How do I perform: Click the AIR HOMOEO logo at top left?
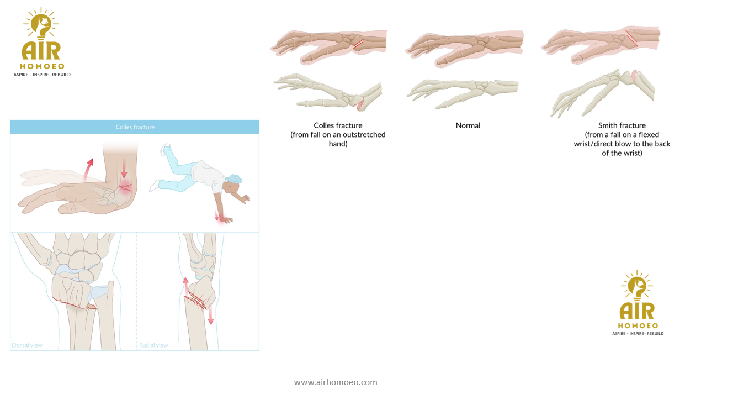pyautogui.click(x=42, y=42)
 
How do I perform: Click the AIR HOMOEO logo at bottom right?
pyautogui.click(x=638, y=303)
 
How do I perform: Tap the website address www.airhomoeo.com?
pyautogui.click(x=336, y=382)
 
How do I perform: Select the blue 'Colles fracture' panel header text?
pyautogui.click(x=135, y=127)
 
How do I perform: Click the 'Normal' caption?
pyautogui.click(x=468, y=125)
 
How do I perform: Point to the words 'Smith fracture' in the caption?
pyautogui.click(x=622, y=125)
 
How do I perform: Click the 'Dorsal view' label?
pyautogui.click(x=27, y=345)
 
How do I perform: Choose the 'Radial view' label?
pyautogui.click(x=153, y=345)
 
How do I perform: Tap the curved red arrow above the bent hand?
pyautogui.click(x=87, y=169)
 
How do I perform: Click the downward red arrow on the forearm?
pyautogui.click(x=124, y=169)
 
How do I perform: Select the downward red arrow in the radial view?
pyautogui.click(x=211, y=315)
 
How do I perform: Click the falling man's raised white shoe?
pyautogui.click(x=166, y=149)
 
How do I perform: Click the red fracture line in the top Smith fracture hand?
pyautogui.click(x=631, y=38)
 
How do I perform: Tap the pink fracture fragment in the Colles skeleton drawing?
pyautogui.click(x=360, y=106)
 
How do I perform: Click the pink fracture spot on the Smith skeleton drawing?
pyautogui.click(x=634, y=76)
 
